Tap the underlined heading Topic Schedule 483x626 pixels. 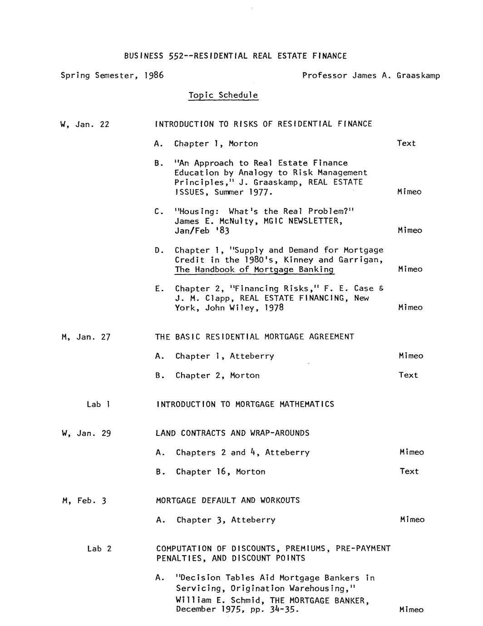(x=223, y=95)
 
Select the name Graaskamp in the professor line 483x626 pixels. (x=418, y=76)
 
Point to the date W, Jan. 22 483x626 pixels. (x=85, y=124)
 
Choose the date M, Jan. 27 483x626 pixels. (x=86, y=337)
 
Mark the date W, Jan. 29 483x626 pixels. (x=86, y=433)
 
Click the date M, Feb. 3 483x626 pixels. (x=84, y=501)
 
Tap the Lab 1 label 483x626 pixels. (x=99, y=404)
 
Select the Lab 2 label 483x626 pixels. (x=99, y=549)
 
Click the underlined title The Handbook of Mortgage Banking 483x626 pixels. (x=254, y=269)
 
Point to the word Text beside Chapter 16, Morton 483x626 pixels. (x=409, y=471)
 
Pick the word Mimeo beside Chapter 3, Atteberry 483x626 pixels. (x=412, y=520)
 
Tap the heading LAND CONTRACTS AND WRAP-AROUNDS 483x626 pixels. (x=232, y=433)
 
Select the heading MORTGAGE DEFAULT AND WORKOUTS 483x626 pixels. (x=228, y=500)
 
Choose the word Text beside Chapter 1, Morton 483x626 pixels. (x=406, y=143)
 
